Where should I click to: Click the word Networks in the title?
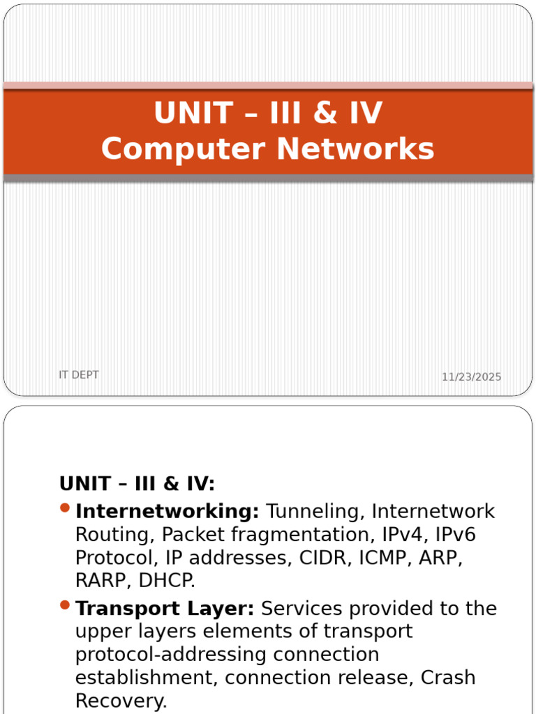point(355,149)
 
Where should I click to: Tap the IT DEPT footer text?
point(78,374)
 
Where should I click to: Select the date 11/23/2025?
point(471,377)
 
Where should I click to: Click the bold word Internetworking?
point(167,511)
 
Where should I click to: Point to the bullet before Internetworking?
point(65,508)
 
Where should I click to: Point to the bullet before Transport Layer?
point(65,605)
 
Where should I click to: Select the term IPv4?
point(404,534)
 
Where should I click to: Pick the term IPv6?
point(455,534)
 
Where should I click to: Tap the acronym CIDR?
point(325,557)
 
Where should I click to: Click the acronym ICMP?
point(382,557)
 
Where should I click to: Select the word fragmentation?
point(302,535)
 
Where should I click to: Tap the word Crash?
point(448,678)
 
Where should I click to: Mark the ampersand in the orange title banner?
point(325,113)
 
